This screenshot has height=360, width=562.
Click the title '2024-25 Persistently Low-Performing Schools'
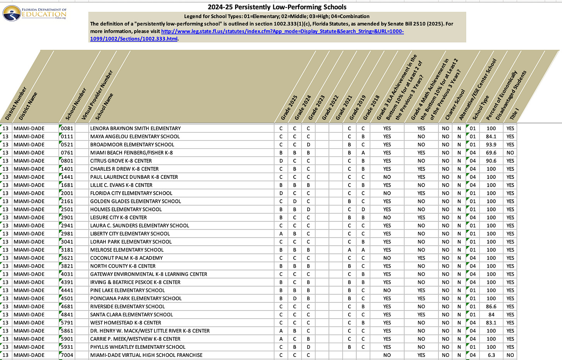277,7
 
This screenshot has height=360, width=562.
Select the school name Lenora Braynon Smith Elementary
135,128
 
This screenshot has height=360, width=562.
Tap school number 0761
67,153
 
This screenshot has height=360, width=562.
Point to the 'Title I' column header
514,115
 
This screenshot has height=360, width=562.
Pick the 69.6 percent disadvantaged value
491,153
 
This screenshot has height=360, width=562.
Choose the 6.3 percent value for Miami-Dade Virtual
491,355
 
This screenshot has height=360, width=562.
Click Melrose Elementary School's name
127,250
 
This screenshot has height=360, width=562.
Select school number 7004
67,355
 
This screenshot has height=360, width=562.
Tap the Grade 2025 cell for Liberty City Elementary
281,234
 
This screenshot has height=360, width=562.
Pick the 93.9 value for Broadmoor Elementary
491,144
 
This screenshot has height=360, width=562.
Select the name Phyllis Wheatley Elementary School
138,347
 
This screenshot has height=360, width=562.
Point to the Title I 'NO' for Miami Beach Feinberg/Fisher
510,153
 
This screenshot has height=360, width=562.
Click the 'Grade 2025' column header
289,108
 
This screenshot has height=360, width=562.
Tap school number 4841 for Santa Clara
67,314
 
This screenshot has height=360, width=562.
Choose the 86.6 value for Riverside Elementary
491,306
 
